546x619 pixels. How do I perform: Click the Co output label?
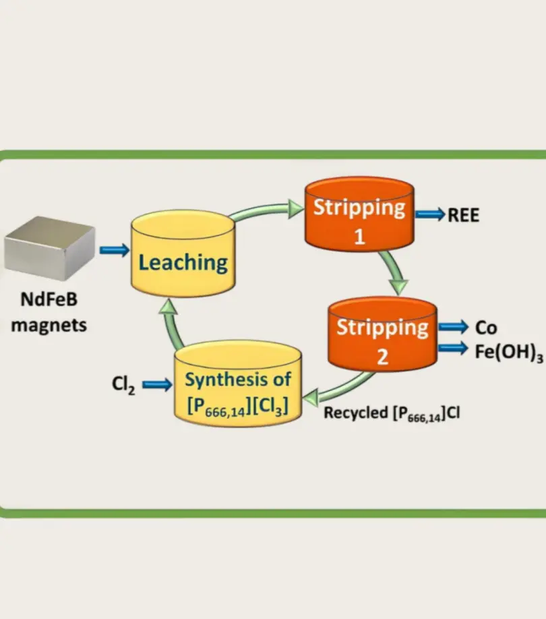coord(486,328)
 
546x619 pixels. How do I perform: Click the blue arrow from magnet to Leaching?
coord(113,250)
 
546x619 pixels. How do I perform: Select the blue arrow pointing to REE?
coord(430,215)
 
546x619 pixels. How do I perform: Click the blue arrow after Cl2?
coord(157,385)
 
